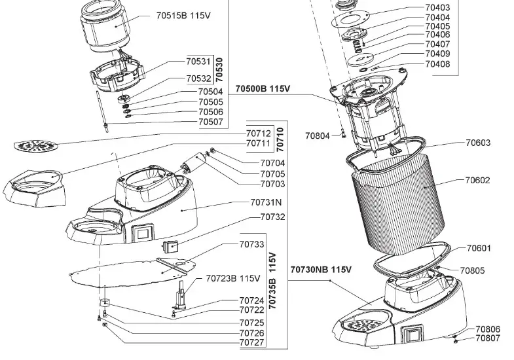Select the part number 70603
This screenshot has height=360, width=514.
point(478,143)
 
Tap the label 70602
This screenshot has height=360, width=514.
point(478,180)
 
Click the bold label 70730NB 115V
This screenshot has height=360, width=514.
point(321,270)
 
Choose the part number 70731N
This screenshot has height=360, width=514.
point(266,203)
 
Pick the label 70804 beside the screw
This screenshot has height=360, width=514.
point(318,136)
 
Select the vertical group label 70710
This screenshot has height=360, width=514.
point(280,139)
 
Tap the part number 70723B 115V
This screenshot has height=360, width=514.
point(233,278)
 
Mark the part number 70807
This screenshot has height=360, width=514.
point(488,339)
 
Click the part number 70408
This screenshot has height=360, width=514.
point(437,64)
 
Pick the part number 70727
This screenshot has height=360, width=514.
point(252,342)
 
